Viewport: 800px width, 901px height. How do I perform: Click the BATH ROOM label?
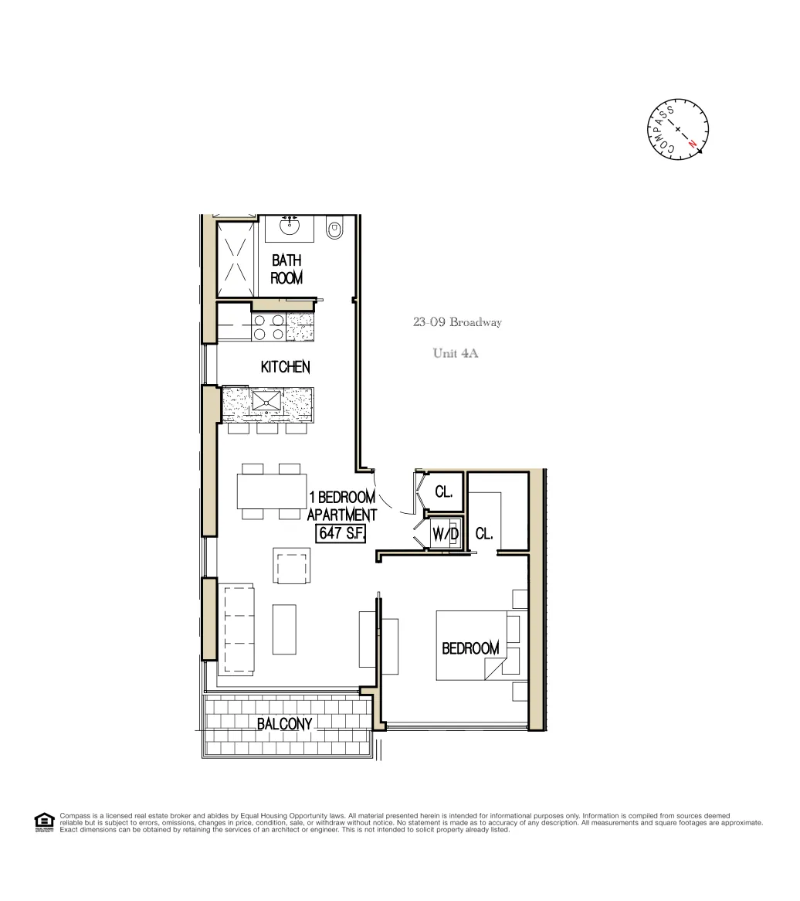286,270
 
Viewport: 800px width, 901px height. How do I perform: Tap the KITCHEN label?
285,367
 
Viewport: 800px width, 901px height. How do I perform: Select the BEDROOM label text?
469,648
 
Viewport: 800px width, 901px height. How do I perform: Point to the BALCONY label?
284,724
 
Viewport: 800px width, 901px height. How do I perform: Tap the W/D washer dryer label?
445,534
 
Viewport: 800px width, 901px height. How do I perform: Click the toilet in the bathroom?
334,229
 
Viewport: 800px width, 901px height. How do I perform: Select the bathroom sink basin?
290,227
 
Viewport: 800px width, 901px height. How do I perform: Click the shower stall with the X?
235,260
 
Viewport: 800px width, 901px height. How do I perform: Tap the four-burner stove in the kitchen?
268,327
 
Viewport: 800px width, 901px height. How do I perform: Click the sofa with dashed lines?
238,628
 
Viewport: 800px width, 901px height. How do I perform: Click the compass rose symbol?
677,129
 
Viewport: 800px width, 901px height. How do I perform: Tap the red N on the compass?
693,144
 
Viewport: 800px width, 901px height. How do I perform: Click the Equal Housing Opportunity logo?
45,822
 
